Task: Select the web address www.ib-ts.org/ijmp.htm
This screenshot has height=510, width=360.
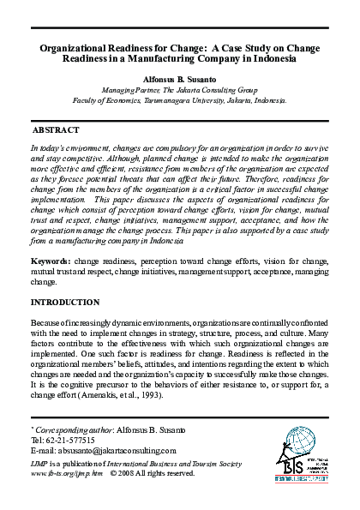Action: (x=66, y=471)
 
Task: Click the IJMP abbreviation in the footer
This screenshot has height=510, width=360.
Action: (x=39, y=462)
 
